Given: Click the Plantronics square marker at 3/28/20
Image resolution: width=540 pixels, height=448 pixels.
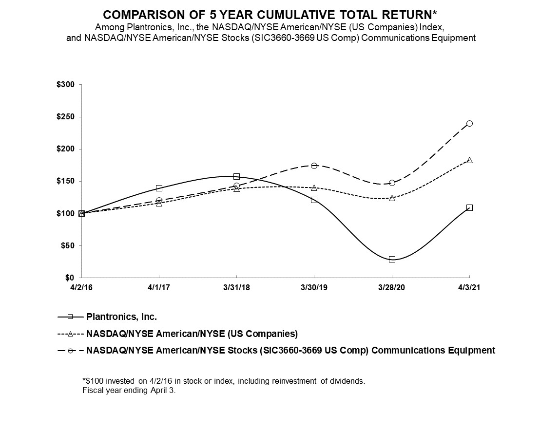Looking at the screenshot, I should (392, 259).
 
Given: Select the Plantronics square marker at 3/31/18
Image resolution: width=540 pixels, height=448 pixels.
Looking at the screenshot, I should (237, 176).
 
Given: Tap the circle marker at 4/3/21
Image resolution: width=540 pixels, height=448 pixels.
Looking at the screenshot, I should (469, 123).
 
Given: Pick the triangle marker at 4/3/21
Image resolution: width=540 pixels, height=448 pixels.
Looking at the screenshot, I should (469, 160).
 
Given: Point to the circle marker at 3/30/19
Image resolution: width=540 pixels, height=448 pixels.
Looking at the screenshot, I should (314, 166).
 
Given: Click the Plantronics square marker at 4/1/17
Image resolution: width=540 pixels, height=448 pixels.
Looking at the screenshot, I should (159, 188).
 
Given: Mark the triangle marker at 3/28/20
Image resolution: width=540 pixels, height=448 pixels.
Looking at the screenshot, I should (392, 198).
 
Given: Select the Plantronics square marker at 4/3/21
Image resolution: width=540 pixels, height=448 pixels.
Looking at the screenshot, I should (469, 207).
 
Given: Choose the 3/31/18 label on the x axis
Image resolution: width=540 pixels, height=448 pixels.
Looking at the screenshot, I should (236, 287).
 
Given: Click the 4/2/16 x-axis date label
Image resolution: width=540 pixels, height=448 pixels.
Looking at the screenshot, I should (81, 287).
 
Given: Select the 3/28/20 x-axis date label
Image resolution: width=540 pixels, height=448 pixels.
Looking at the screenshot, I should (392, 287).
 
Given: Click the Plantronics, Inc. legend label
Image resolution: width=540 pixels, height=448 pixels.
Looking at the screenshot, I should (121, 317).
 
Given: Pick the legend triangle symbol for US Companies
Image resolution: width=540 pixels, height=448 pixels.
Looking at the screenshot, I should (70, 334).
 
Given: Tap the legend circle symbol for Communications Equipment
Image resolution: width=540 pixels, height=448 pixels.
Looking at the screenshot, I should (70, 351).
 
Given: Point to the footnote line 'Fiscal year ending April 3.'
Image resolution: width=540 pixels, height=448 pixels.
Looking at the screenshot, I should (129, 390).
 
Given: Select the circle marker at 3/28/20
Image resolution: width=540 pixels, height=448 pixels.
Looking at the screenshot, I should (392, 183).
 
